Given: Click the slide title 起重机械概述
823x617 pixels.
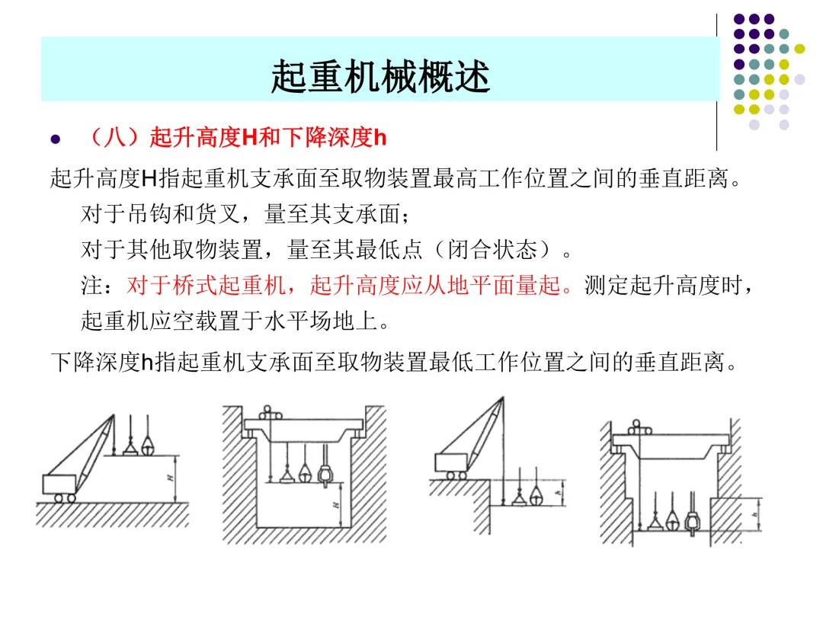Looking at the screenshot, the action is pyautogui.click(x=379, y=78).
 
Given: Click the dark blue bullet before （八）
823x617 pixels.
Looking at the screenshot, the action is pyautogui.click(x=54, y=140).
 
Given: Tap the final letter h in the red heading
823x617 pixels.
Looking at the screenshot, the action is pyautogui.click(x=381, y=139).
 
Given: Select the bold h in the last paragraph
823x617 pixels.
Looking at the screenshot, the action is pyautogui.click(x=148, y=362).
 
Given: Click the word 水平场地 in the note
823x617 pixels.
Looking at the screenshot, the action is pyautogui.click(x=331, y=320).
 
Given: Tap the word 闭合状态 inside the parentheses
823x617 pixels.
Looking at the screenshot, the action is pyautogui.click(x=503, y=250).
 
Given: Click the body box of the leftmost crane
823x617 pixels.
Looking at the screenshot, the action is pyautogui.click(x=60, y=484).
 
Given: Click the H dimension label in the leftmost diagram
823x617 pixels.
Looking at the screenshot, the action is pyautogui.click(x=170, y=478).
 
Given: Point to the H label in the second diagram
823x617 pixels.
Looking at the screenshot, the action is pyautogui.click(x=335, y=504).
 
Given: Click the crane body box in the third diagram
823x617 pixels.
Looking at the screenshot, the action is pyautogui.click(x=451, y=462).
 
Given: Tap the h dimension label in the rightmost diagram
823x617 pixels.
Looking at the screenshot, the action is pyautogui.click(x=754, y=514).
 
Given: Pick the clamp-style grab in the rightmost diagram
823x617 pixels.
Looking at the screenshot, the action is pyautogui.click(x=692, y=522).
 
